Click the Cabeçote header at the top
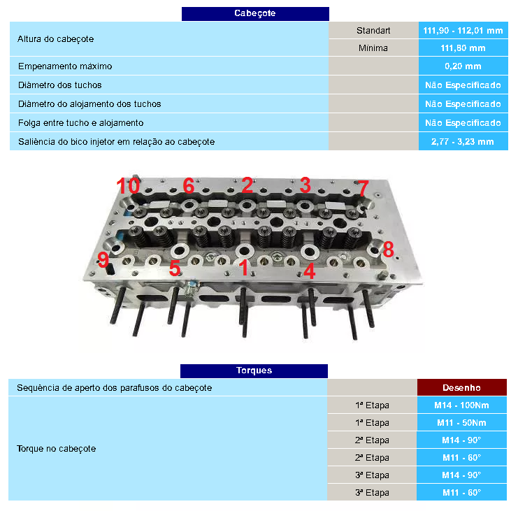pyautogui.click(x=254, y=13)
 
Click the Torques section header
pyautogui.click(x=254, y=370)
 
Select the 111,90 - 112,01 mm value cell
pyautogui.click(x=463, y=31)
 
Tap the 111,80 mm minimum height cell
pyautogui.click(x=463, y=48)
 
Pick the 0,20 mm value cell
pyautogui.click(x=463, y=66)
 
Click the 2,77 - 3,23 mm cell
pyautogui.click(x=463, y=141)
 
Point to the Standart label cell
pyautogui.click(x=373, y=31)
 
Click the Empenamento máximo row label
pyautogui.click(x=64, y=66)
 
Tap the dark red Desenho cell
pyautogui.click(x=461, y=387)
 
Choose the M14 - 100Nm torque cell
pyautogui.click(x=461, y=405)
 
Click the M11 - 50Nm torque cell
pyautogui.click(x=461, y=423)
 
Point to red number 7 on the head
pyautogui.click(x=362, y=188)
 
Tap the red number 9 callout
pyautogui.click(x=103, y=260)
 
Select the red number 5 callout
pyautogui.click(x=175, y=268)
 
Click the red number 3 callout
pyautogui.click(x=305, y=185)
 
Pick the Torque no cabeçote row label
pyautogui.click(x=56, y=449)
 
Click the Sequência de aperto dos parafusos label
pyautogui.click(x=114, y=387)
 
